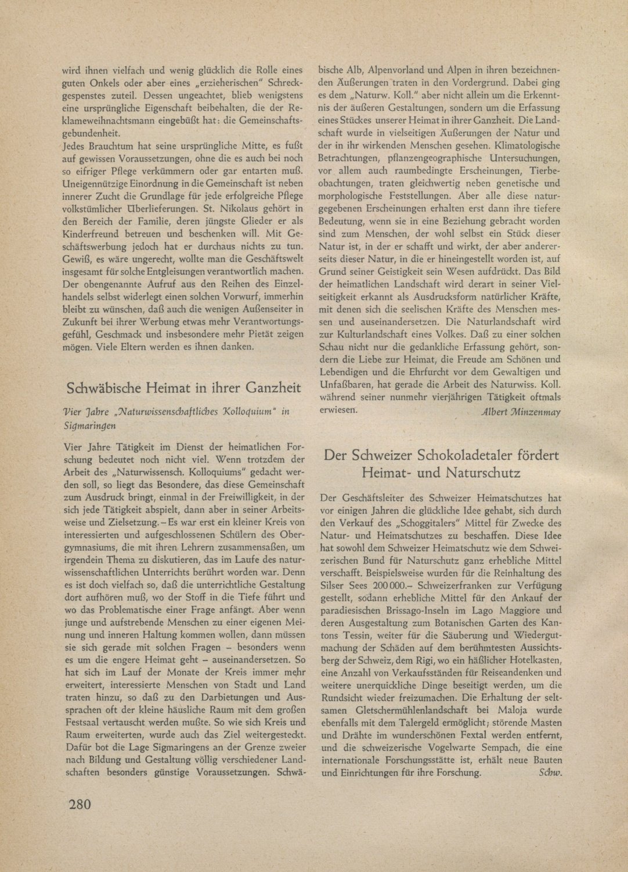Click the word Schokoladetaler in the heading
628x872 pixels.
click(x=447, y=455)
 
